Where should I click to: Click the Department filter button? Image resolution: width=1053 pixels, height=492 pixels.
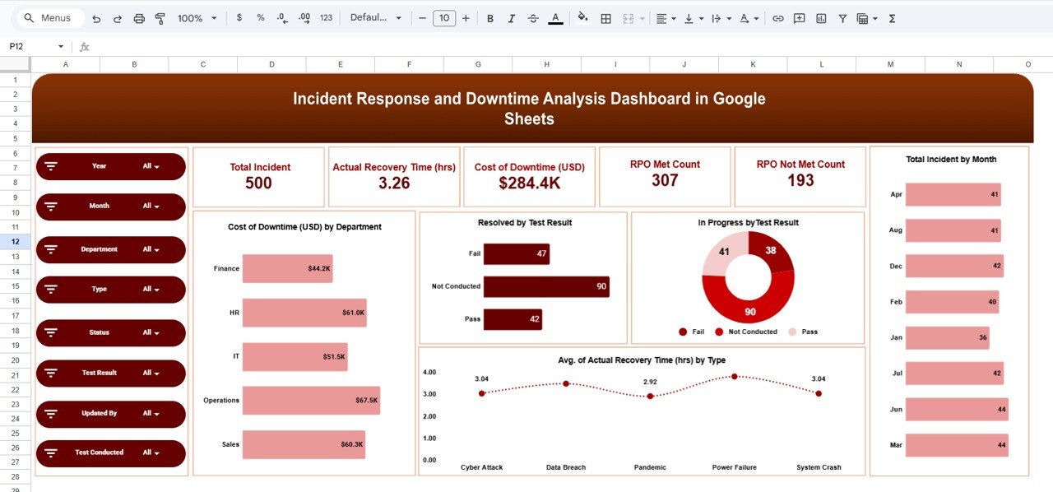[110, 249]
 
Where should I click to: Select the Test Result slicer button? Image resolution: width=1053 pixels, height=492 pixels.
[110, 373]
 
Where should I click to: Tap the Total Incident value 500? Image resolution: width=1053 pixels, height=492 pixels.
[258, 183]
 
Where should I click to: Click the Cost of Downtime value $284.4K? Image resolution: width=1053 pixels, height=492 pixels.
[529, 183]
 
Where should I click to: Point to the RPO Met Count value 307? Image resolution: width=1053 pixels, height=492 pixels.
[665, 180]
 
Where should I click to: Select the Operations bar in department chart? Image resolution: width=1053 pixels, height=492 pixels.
[311, 401]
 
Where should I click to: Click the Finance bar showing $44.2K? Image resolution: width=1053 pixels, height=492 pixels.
[287, 268]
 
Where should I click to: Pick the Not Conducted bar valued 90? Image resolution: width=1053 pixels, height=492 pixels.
[546, 286]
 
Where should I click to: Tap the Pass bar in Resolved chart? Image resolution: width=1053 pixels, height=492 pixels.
[512, 319]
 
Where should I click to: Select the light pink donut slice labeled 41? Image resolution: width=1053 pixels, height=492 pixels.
[722, 253]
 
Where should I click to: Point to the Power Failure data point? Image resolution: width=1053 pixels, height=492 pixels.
[735, 377]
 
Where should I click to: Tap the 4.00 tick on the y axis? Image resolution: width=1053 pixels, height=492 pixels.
[429, 373]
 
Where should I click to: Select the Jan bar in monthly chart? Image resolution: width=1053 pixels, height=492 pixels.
[947, 337]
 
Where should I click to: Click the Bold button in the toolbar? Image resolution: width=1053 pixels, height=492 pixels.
[490, 18]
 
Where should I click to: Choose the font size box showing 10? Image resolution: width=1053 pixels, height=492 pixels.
[444, 18]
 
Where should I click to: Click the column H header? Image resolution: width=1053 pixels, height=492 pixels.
[546, 64]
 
